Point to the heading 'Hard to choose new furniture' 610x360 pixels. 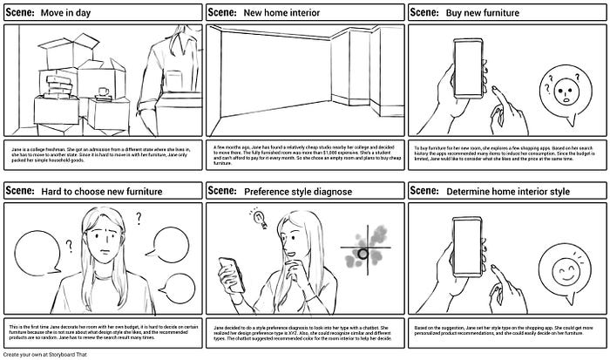pos(95,191)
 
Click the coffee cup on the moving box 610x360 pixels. pos(103,92)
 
